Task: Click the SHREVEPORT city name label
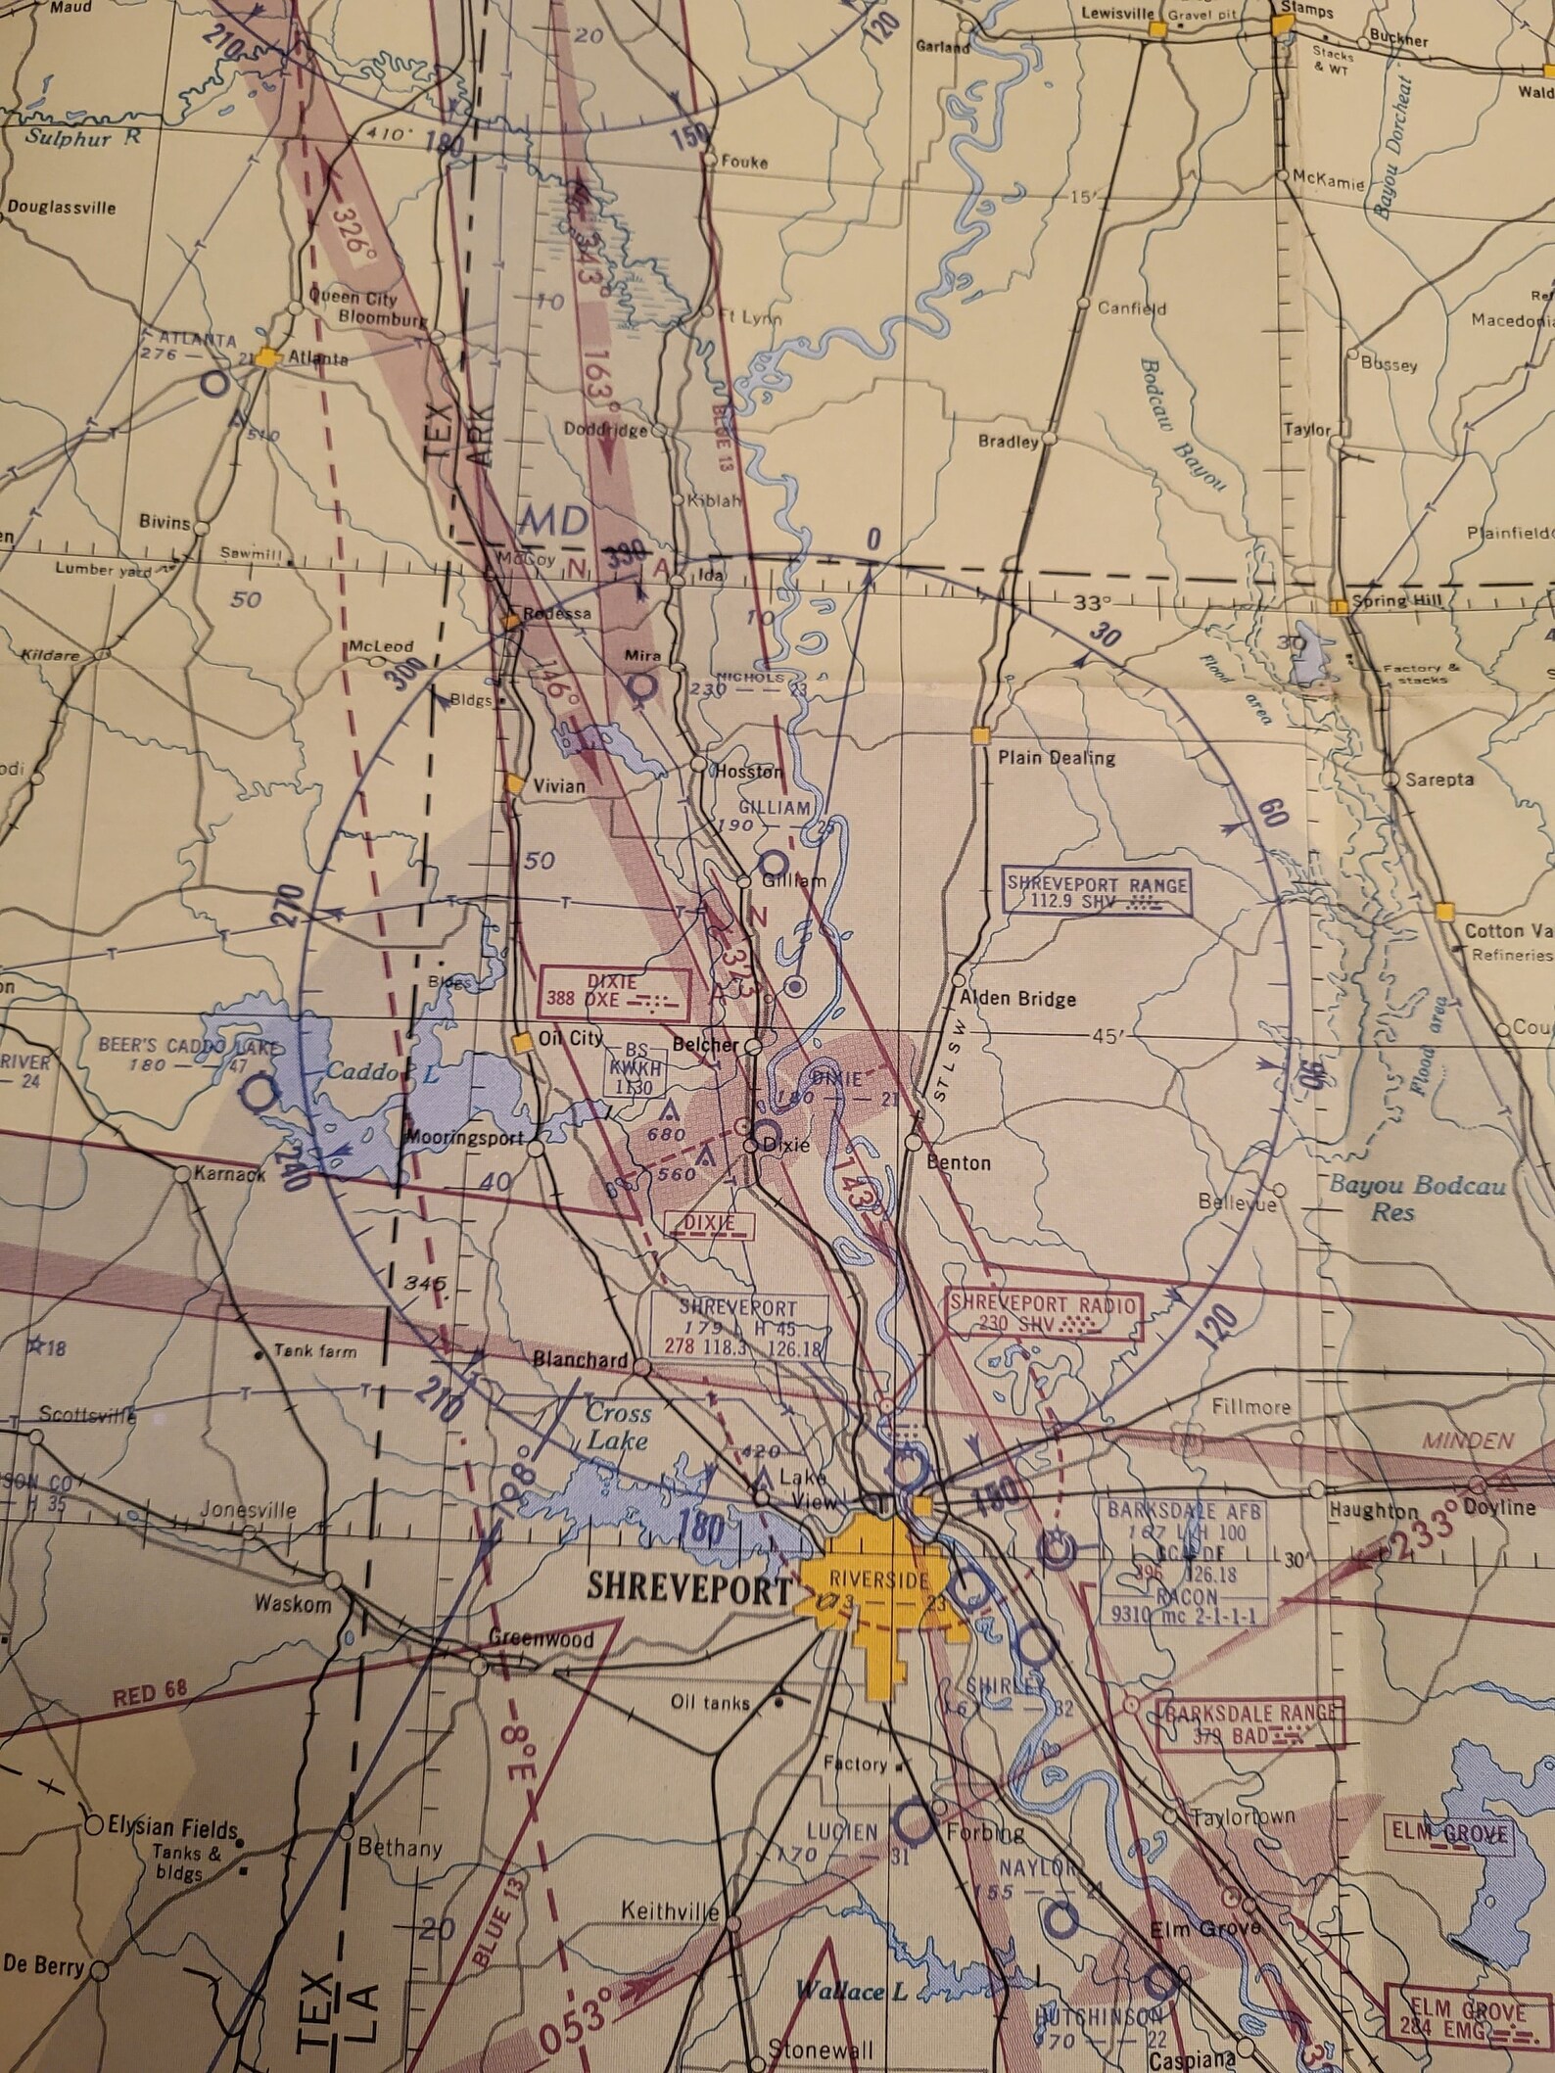click(687, 1588)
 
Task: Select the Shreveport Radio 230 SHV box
click(1044, 1314)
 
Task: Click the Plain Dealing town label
click(1056, 757)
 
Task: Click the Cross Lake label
click(619, 1426)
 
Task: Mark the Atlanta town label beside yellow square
click(316, 359)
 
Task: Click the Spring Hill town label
click(1394, 600)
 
